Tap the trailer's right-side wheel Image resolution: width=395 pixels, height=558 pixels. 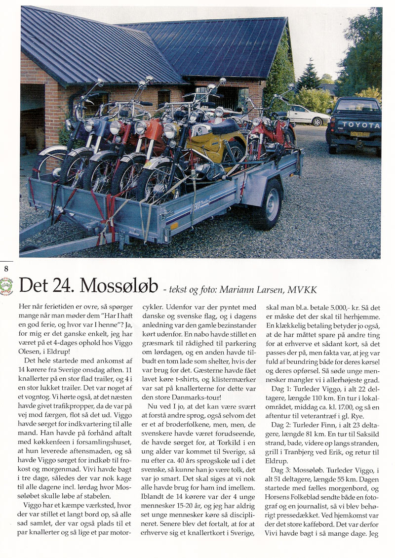269,203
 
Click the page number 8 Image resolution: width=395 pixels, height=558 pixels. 6,269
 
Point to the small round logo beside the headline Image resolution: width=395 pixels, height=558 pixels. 6,286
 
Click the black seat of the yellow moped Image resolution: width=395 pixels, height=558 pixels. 222,127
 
